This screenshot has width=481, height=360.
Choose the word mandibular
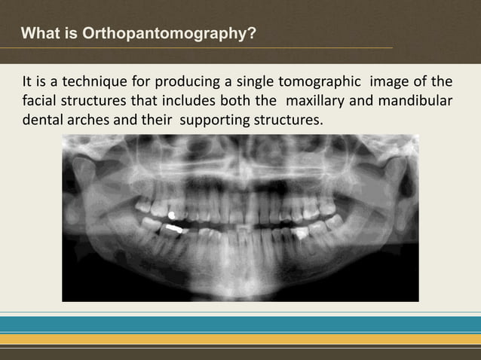click(415, 101)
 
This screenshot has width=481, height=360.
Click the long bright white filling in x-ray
click(173, 225)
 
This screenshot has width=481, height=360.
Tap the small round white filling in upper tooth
click(172, 215)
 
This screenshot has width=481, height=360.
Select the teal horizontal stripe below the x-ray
click(240, 324)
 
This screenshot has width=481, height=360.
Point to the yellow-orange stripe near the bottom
click(240, 338)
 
